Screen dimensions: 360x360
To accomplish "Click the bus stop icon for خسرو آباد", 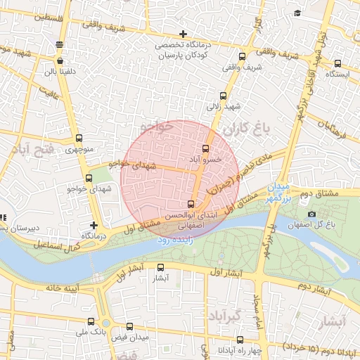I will (205, 149).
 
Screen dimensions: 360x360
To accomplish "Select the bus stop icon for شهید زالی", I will (224, 96).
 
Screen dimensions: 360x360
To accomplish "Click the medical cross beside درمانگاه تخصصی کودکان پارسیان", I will (183, 34).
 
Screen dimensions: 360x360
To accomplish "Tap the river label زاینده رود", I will (173, 240).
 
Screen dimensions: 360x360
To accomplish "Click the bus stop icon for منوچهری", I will (78, 139).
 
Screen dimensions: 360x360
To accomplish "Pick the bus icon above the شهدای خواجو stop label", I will (89, 179).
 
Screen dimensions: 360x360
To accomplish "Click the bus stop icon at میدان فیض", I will (129, 327).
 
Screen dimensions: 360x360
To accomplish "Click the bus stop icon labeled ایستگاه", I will (338, 63).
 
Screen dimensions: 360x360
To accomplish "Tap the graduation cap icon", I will (297, 13).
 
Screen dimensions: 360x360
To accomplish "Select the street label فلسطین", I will (37, 15).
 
